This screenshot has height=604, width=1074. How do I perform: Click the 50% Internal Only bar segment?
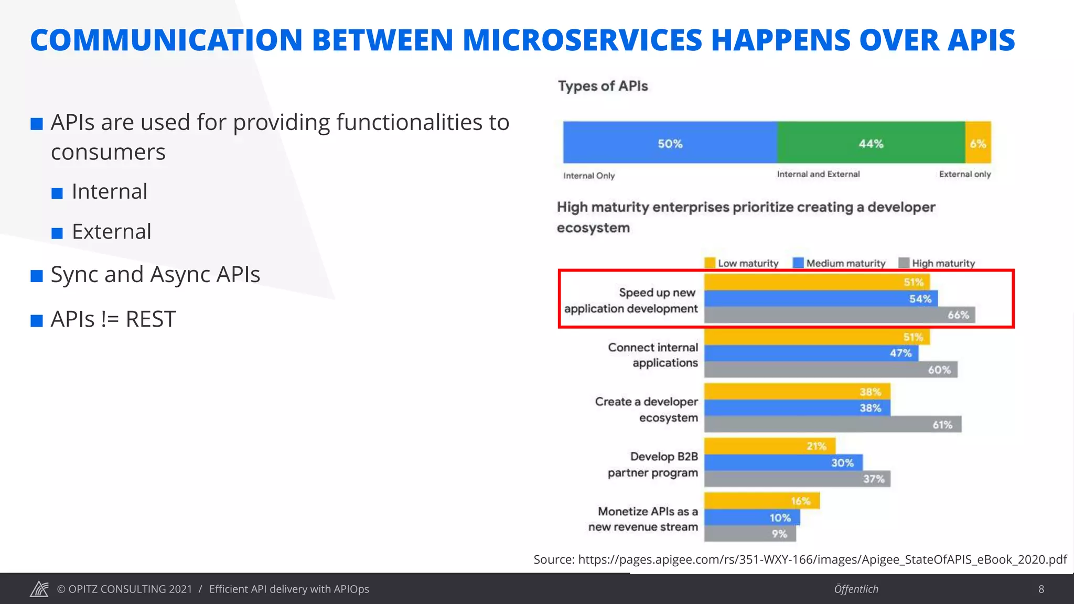[x=670, y=143]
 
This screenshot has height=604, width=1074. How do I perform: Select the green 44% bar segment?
[x=871, y=143]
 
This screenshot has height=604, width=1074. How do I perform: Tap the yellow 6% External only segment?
[x=978, y=143]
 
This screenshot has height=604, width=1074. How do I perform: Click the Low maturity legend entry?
[x=742, y=263]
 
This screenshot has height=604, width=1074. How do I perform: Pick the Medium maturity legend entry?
[x=839, y=263]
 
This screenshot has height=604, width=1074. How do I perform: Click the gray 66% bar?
[x=839, y=315]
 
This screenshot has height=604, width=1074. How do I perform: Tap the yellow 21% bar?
[x=769, y=446]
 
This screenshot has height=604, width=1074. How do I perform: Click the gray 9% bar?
[x=750, y=534]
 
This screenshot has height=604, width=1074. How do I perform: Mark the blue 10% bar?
[x=752, y=517]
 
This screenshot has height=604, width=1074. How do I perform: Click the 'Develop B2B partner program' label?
[x=653, y=465]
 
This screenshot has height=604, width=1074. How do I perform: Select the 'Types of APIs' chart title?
[x=603, y=86]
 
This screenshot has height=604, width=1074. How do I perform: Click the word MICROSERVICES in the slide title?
[x=582, y=40]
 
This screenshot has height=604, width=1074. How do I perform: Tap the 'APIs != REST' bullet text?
[x=113, y=319]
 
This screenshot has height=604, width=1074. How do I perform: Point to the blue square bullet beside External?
[x=57, y=233]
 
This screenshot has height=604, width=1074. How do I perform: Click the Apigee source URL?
[x=822, y=559]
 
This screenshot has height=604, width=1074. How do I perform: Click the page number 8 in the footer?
[x=1041, y=589]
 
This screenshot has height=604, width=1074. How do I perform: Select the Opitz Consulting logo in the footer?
[x=39, y=589]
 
